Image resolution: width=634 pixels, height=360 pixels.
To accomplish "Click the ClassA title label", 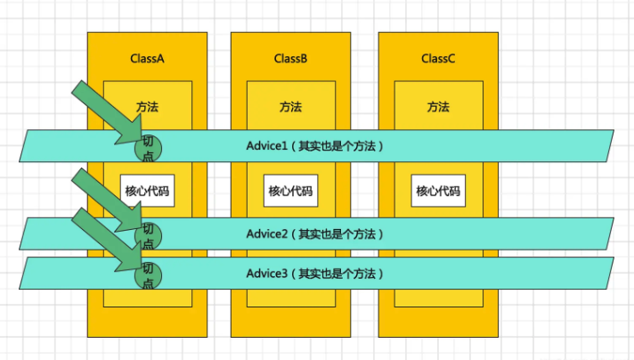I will pyautogui.click(x=148, y=59).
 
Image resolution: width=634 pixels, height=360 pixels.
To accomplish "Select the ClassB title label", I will pyautogui.click(x=291, y=59).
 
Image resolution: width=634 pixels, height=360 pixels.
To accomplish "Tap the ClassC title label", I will pyautogui.click(x=438, y=59).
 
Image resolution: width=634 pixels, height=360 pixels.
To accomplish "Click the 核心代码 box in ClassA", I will pyautogui.click(x=147, y=191).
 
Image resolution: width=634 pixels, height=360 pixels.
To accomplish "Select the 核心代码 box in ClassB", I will pyautogui.click(x=291, y=191).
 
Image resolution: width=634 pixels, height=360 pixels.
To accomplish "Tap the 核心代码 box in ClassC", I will pyautogui.click(x=438, y=191).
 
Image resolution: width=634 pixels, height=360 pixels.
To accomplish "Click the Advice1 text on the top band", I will pyautogui.click(x=267, y=145).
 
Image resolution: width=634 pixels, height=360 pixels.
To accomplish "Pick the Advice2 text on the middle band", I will pyautogui.click(x=267, y=234).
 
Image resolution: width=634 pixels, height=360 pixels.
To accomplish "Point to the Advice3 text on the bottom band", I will pyautogui.click(x=267, y=274).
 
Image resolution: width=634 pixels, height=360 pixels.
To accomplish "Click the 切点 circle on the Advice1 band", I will pyautogui.click(x=149, y=147).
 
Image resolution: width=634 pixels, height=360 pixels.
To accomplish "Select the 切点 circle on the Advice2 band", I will pyautogui.click(x=149, y=235).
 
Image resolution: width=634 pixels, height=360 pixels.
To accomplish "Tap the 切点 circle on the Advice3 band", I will pyautogui.click(x=149, y=274).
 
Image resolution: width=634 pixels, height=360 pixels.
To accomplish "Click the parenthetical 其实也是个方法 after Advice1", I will pyautogui.click(x=340, y=145).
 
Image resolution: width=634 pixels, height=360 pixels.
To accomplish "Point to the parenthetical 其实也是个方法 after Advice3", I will pyautogui.click(x=340, y=274).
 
